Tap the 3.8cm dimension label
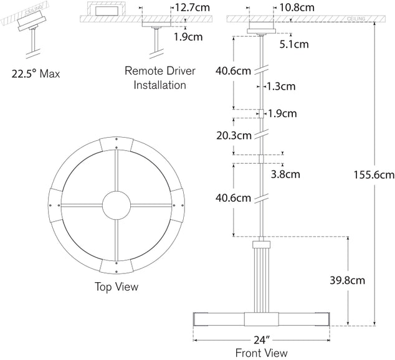(x=285, y=174)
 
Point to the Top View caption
(x=117, y=287)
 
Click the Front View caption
(x=261, y=353)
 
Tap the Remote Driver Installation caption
(x=160, y=78)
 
